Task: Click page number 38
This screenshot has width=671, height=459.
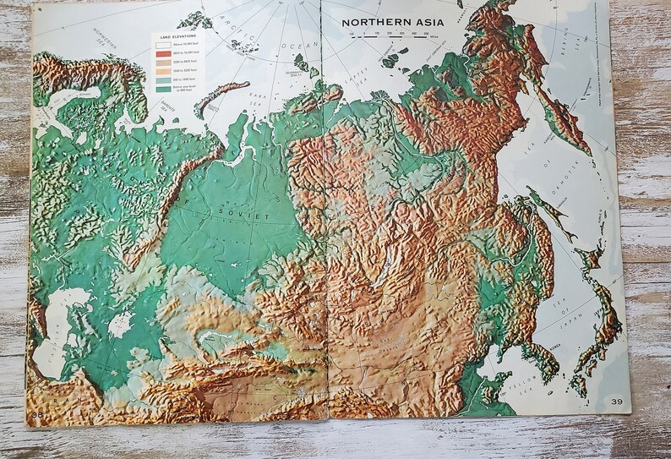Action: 38,414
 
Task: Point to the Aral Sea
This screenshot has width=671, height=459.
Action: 121,324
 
